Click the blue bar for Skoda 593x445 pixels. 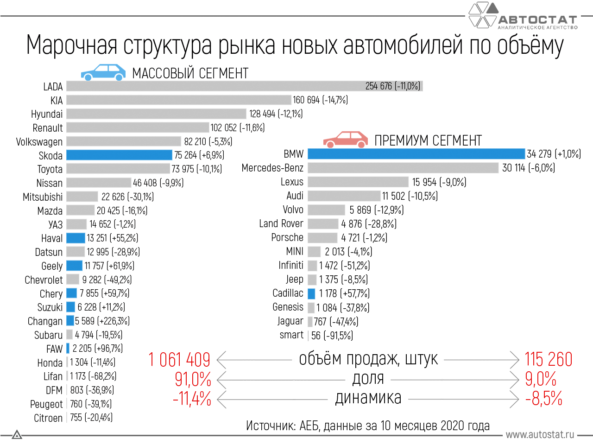(119, 155)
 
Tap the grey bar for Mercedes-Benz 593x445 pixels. (403, 168)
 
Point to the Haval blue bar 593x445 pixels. (76, 238)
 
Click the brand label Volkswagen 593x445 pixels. (39, 142)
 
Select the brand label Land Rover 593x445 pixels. (281, 224)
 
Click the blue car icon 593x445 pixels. (103, 73)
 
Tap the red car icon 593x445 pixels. (345, 140)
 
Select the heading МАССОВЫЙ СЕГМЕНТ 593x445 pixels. (190, 73)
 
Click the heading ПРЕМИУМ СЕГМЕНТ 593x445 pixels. (428, 140)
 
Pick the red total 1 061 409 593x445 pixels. (179, 360)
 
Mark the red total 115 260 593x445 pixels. (549, 360)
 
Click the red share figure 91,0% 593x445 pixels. (193, 379)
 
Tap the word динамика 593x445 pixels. (368, 398)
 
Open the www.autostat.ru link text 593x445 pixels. (540, 435)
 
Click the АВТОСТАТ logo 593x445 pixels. (524, 16)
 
